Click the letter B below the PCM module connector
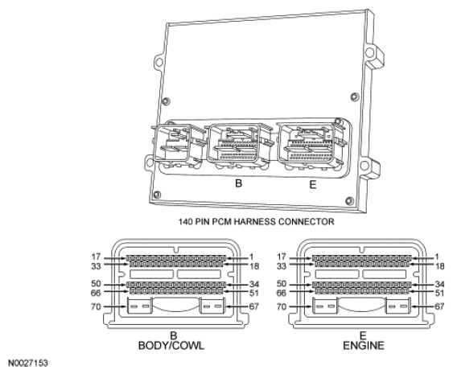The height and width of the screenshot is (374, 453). coord(238,183)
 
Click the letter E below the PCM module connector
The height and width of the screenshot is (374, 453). coord(313,184)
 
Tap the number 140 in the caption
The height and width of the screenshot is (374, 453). coord(185,221)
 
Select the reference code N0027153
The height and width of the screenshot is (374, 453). coord(27,363)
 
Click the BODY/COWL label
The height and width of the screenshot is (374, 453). coord(171,345)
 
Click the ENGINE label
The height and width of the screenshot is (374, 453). coord(364,345)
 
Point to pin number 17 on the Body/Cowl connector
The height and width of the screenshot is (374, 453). coord(96,257)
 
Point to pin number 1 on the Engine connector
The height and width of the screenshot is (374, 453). coord(437,257)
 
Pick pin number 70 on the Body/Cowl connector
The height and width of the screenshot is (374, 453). coord(96,306)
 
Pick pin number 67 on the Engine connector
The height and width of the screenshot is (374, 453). coord(439,306)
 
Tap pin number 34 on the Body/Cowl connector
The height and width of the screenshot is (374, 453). coord(254,284)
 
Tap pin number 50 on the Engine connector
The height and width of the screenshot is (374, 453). coord(282,284)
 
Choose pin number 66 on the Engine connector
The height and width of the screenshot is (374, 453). coord(282,293)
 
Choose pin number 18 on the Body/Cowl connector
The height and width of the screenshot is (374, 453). coord(254,266)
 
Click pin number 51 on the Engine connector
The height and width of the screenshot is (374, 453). coord(439,293)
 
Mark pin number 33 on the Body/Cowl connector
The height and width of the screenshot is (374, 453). coord(96,265)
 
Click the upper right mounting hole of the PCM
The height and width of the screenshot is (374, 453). coord(369,52)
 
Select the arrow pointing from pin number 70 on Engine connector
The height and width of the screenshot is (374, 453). coord(300,306)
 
